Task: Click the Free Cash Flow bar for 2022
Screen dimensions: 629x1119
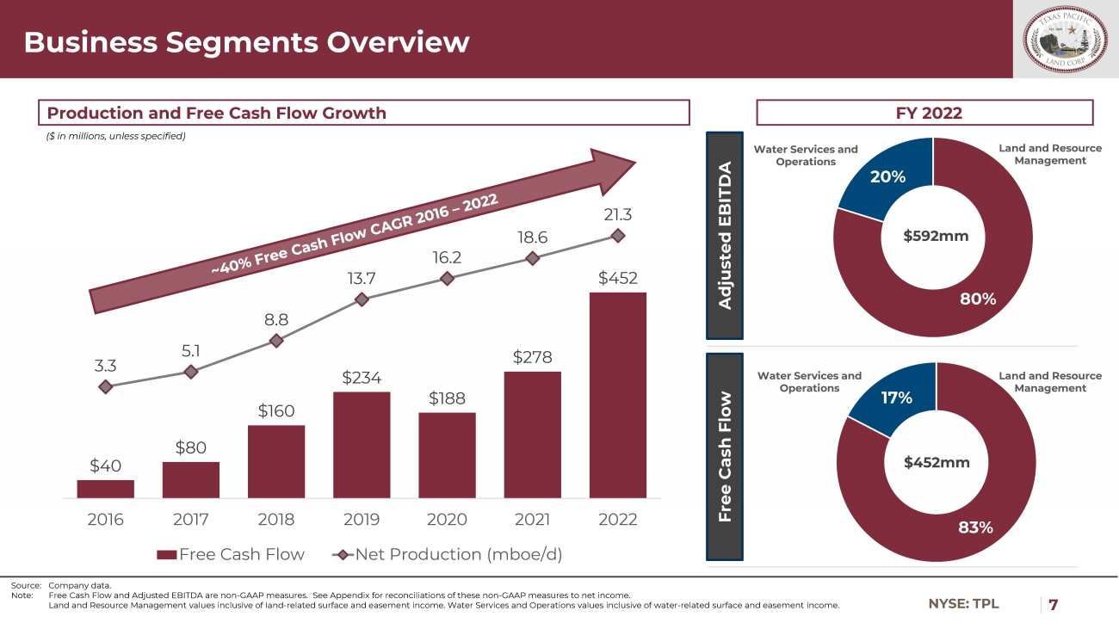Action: point(617,395)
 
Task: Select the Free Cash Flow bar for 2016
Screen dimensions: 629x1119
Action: point(105,489)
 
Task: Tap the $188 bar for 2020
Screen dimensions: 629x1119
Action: point(447,455)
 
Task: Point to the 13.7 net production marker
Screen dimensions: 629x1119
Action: point(362,299)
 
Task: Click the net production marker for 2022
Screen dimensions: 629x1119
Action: point(617,235)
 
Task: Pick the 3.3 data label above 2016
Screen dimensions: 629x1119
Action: point(105,366)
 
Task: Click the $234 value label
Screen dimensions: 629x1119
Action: point(362,377)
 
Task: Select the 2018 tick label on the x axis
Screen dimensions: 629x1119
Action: point(276,520)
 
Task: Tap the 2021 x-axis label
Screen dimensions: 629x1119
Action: point(532,520)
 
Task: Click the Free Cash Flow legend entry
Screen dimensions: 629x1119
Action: point(231,554)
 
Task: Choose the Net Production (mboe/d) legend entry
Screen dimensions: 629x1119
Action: point(448,554)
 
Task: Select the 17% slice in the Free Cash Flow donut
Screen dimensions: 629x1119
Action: point(895,395)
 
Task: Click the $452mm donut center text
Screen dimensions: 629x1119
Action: point(937,463)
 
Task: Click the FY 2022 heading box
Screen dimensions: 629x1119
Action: point(924,113)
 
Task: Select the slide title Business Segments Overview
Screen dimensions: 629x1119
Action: point(247,42)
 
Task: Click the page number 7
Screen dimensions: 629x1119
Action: point(1053,604)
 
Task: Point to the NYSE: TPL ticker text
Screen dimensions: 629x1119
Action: point(963,604)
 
